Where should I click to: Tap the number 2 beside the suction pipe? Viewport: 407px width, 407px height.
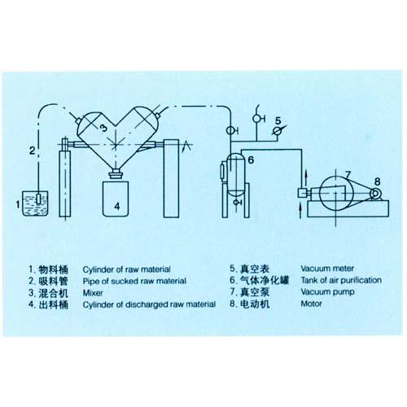pyautogui.click(x=31, y=150)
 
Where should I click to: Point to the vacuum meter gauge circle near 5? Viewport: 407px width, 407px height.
pyautogui.click(x=278, y=129)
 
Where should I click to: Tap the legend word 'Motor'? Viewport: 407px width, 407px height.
pyautogui.click(x=312, y=304)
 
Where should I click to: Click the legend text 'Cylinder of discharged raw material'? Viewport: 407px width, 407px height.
pyautogui.click(x=149, y=304)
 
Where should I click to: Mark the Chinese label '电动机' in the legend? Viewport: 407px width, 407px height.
pyautogui.click(x=255, y=304)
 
